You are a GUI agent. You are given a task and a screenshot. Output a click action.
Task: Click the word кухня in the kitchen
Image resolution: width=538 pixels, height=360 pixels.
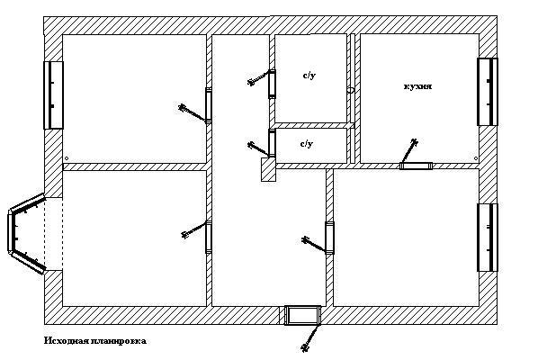click(x=417, y=86)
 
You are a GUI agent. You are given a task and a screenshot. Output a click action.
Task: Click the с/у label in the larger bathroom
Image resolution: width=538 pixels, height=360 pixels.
click(x=309, y=76)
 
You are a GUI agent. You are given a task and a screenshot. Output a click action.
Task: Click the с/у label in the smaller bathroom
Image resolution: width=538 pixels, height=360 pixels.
click(x=307, y=143)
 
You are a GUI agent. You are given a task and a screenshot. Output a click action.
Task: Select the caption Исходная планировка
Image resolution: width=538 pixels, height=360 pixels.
click(x=95, y=341)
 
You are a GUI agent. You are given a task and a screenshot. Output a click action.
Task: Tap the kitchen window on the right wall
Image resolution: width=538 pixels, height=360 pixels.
click(x=488, y=92)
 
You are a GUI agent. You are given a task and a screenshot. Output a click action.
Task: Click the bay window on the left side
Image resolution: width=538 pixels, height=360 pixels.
click(x=26, y=233)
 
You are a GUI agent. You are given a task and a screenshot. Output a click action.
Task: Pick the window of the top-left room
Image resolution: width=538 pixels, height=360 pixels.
click(x=53, y=95)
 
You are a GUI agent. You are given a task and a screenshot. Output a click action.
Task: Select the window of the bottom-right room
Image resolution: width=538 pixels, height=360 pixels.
click(x=488, y=238)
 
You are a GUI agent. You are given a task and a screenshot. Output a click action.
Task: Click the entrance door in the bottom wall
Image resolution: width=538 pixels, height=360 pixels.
click(x=302, y=315)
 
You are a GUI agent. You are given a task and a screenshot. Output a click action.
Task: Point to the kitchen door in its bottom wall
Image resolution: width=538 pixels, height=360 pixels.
click(x=416, y=166)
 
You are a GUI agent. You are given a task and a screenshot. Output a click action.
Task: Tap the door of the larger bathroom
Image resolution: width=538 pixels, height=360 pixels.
click(x=272, y=84)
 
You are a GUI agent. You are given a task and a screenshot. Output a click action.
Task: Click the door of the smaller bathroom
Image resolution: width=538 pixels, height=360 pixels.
click(x=272, y=143)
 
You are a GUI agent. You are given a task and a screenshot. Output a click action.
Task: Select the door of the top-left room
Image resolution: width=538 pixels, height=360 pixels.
click(x=208, y=105)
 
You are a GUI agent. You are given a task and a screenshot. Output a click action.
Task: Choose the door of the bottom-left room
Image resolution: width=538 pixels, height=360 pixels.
click(x=208, y=238)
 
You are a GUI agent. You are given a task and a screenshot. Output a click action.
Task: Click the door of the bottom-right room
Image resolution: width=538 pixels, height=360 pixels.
click(x=329, y=238)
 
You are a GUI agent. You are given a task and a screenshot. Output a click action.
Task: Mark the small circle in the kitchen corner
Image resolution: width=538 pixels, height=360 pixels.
click(x=476, y=158)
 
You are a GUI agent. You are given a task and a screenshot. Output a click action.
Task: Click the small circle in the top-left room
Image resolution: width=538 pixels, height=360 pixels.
click(x=67, y=158)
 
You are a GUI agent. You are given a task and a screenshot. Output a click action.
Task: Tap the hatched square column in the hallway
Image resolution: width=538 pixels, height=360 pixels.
click(x=268, y=169)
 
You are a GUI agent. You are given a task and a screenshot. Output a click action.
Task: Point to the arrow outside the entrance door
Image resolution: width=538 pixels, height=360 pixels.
click(x=310, y=338)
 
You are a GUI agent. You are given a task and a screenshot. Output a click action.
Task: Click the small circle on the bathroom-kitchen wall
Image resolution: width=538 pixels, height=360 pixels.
click(x=351, y=90)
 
